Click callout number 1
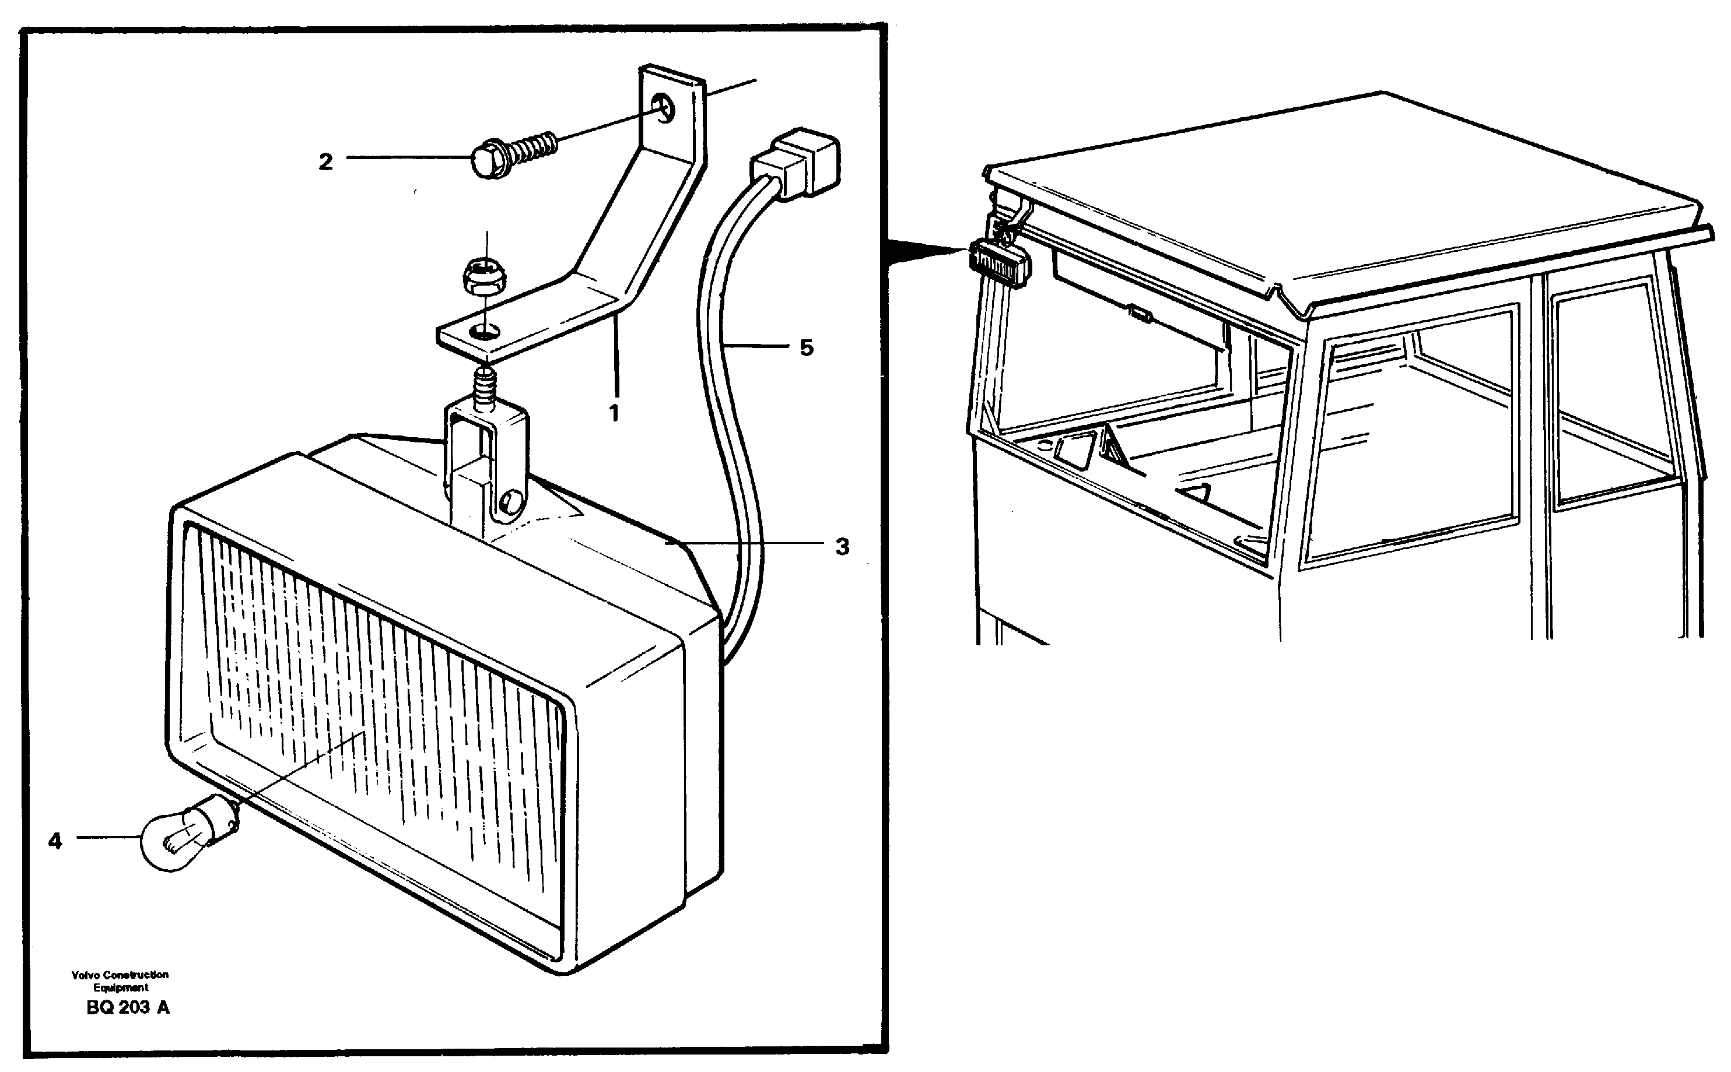(x=614, y=413)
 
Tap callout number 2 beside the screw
(x=325, y=163)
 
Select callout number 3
(x=842, y=547)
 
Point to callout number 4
(x=55, y=842)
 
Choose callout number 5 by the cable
(x=806, y=348)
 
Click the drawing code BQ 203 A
(x=128, y=1007)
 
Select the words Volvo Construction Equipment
(x=120, y=981)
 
